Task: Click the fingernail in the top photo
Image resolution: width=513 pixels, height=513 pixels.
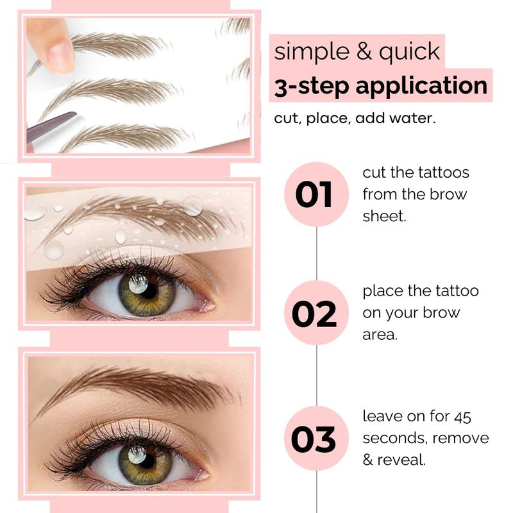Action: pos(61,56)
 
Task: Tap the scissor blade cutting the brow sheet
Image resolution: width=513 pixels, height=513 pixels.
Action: pos(51,126)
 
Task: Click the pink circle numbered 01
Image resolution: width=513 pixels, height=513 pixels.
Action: pos(316,194)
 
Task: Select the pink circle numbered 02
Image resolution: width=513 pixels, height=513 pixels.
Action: pos(316,313)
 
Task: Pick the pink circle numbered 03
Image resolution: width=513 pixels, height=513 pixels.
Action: pos(316,438)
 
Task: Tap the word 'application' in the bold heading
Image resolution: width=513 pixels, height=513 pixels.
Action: pos(421,87)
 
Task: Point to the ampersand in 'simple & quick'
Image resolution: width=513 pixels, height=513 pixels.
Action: pos(363,52)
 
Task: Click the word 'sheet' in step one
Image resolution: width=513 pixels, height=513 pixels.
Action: pos(384,215)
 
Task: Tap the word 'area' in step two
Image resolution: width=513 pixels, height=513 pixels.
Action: pos(380,335)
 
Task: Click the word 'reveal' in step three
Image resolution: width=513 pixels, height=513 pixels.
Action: pos(401,460)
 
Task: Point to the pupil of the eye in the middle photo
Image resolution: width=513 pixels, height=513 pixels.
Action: pos(149,290)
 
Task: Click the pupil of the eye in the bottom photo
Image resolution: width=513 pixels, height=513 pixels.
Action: pos(148,460)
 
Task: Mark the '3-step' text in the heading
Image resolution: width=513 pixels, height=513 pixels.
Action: pos(312,86)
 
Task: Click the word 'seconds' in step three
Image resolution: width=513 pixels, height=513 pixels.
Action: pos(392,438)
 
